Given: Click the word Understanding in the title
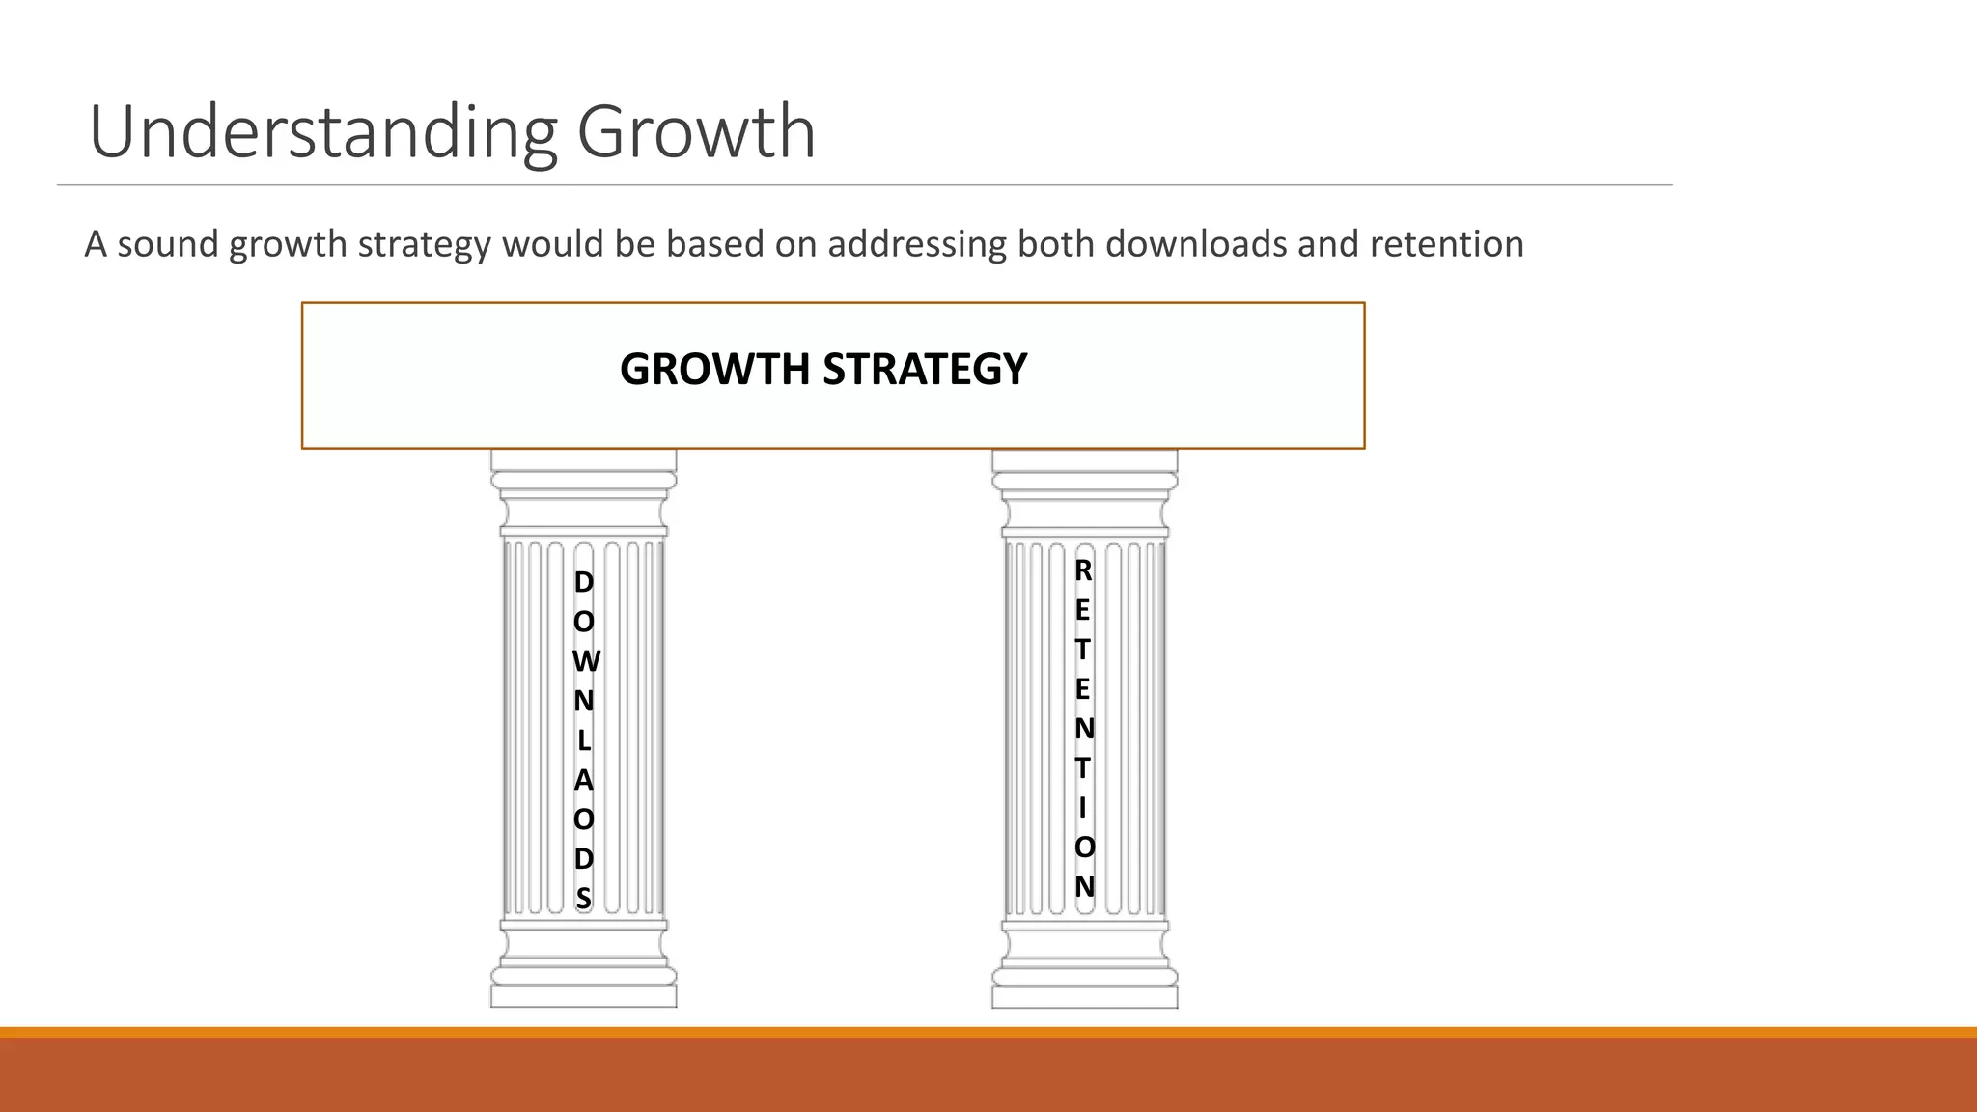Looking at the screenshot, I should point(323,132).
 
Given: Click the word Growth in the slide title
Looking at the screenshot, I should point(696,132).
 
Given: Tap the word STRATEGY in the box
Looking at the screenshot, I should point(924,369).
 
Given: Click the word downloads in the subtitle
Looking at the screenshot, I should point(1194,244).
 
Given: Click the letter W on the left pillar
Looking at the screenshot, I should point(585,661).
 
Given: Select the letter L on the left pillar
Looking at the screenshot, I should point(583,740).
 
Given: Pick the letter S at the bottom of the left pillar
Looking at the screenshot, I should point(583,898).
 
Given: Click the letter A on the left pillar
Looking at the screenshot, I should point(583,780).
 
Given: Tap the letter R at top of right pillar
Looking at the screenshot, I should point(1083,571).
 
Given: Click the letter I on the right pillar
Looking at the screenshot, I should point(1083,807).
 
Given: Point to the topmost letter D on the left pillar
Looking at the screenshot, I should point(583,582).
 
